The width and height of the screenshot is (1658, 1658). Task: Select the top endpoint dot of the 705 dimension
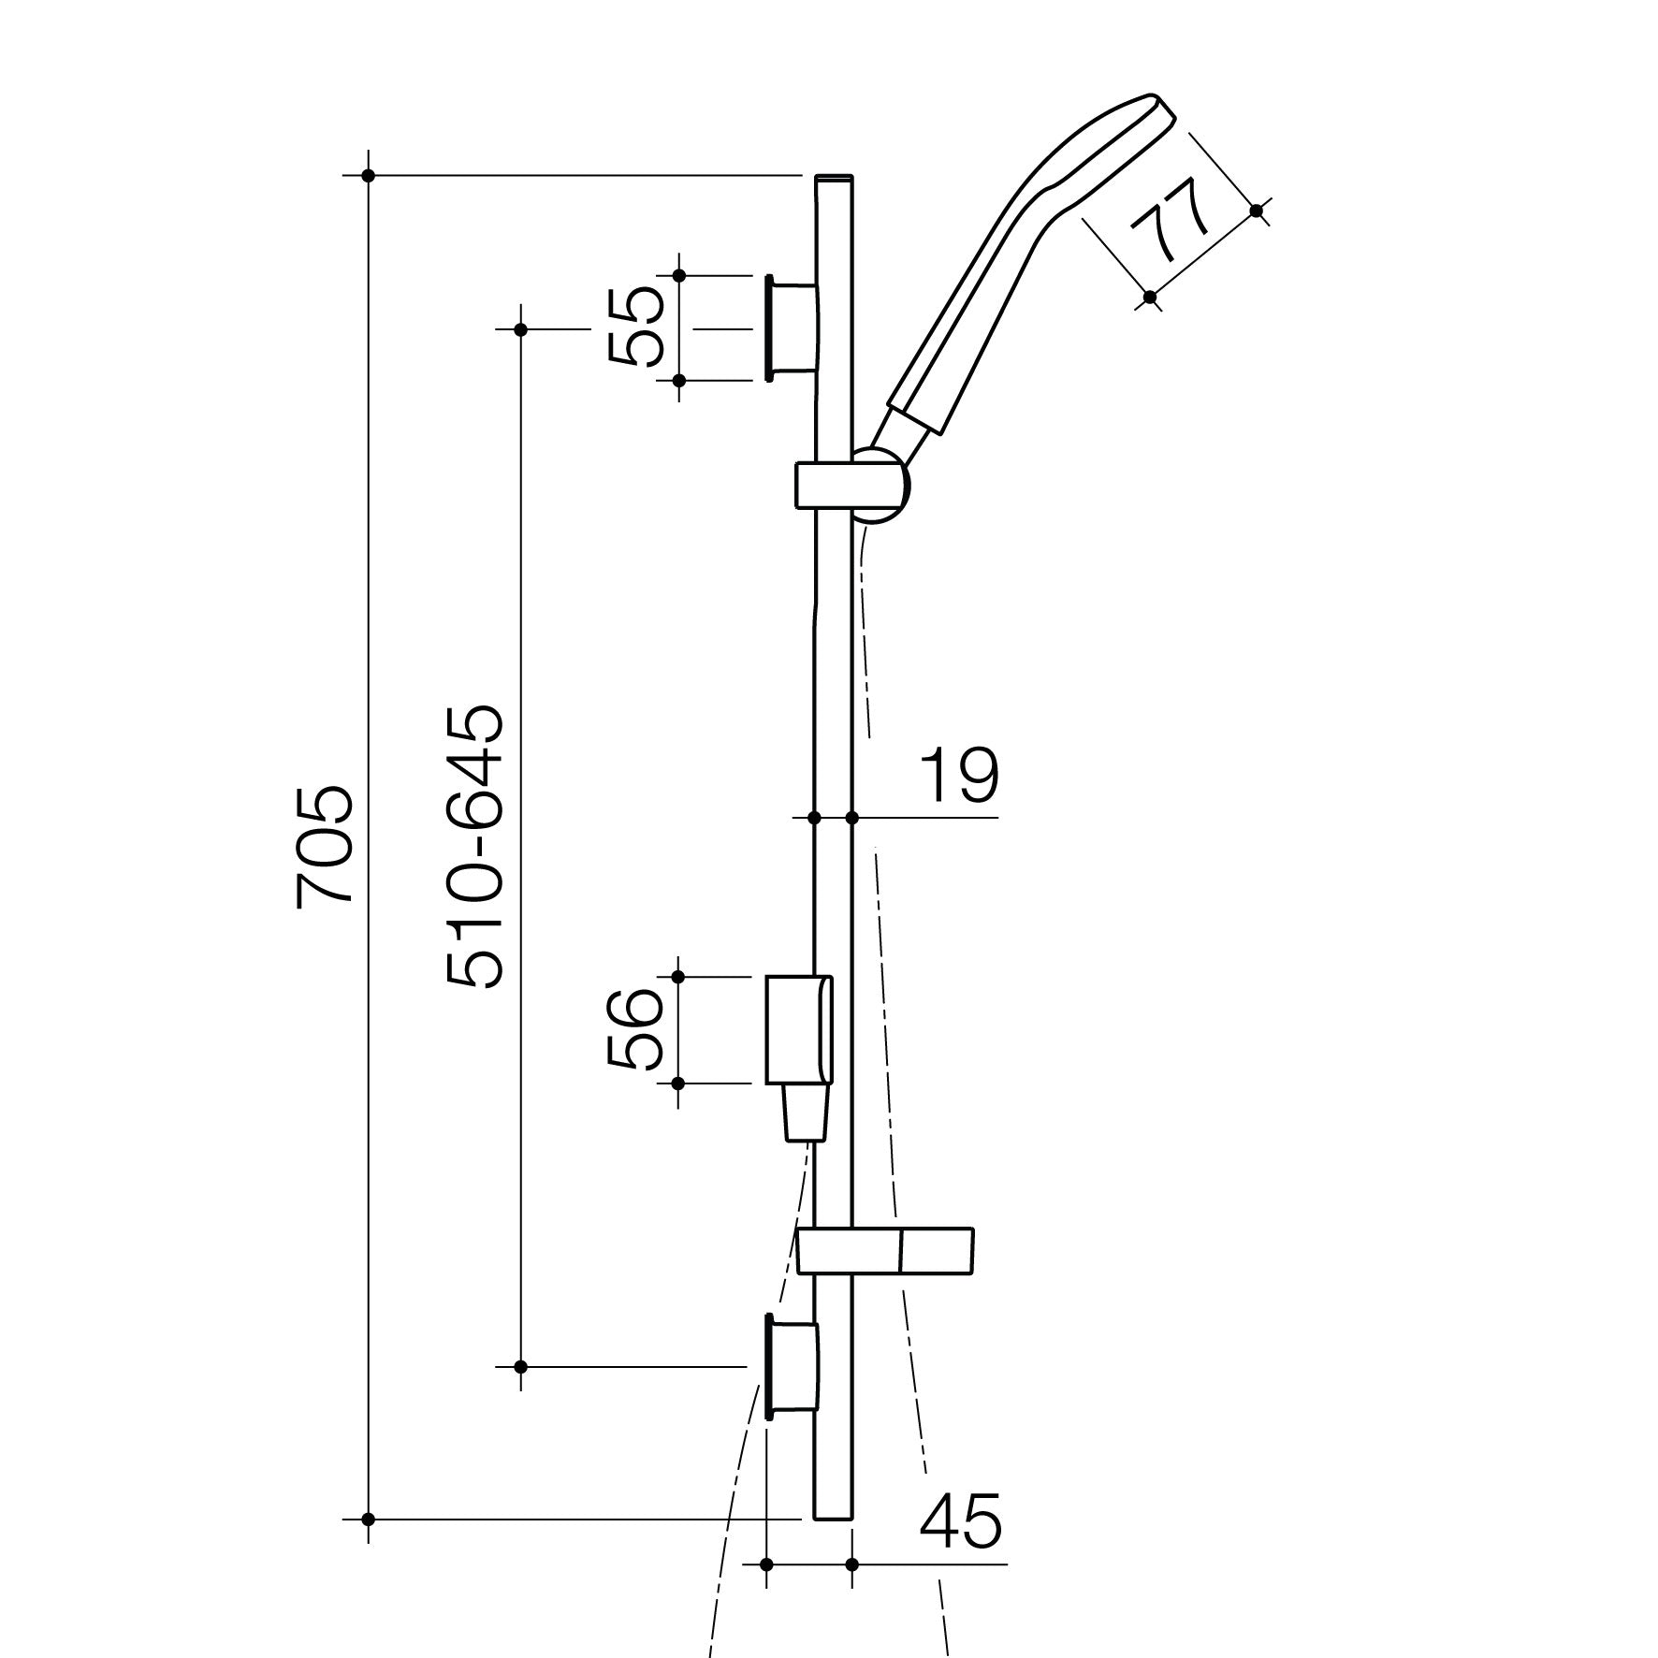[369, 175]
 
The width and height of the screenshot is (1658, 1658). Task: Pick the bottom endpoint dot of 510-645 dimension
[522, 1367]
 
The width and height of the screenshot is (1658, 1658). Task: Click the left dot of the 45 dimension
[766, 1564]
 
